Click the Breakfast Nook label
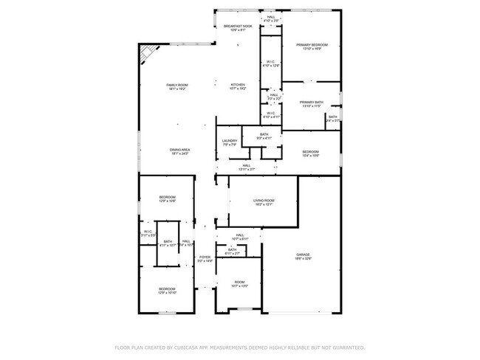(239, 27)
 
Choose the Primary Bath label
(312, 103)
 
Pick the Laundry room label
(230, 142)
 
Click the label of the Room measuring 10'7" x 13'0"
(239, 283)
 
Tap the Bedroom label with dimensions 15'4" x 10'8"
(310, 153)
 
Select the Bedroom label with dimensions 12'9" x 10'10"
(167, 290)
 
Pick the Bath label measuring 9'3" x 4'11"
(264, 136)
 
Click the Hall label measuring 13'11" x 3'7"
(246, 167)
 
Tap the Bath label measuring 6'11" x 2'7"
(232, 251)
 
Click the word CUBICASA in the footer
(193, 347)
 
